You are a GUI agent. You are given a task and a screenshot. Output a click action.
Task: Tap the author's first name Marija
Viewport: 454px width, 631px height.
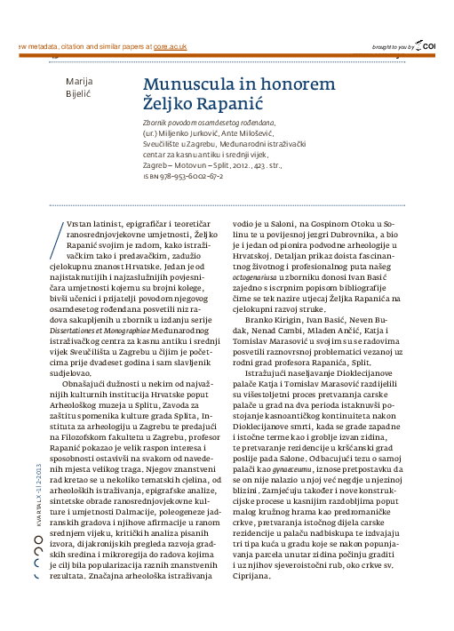81,81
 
